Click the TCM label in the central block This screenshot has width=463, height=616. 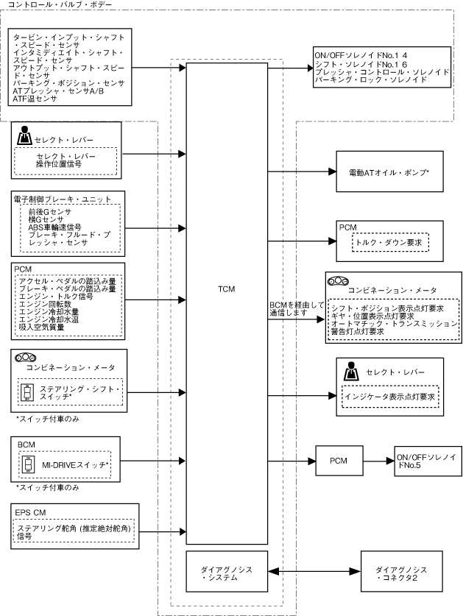pos(227,289)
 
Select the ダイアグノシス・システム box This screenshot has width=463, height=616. pos(227,571)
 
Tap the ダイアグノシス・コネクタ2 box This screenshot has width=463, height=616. pos(402,571)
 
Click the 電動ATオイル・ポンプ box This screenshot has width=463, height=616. pos(389,171)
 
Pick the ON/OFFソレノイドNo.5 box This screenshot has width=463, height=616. pos(428,461)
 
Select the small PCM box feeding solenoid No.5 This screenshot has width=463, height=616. pos(339,461)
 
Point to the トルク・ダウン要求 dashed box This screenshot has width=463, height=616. pos(390,242)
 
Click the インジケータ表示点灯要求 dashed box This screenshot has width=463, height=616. pos(390,397)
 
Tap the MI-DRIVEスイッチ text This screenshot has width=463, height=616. pos(75,464)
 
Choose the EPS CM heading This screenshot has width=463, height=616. pos(30,513)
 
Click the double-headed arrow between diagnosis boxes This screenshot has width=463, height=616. pos(314,571)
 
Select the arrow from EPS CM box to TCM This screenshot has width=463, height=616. pos(163,532)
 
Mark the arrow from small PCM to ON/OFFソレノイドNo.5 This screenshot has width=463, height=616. pos(378,461)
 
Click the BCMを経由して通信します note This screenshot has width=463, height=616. pos(297,309)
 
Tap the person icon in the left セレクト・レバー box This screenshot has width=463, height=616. pos(25,135)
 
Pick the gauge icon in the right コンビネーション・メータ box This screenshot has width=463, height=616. pos(339,281)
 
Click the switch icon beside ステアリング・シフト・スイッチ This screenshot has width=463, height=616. pos(26,392)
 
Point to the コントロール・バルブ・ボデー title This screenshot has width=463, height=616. pos(60,4)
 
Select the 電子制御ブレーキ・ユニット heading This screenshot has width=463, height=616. pos(63,199)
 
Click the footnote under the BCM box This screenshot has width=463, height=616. pos(48,487)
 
